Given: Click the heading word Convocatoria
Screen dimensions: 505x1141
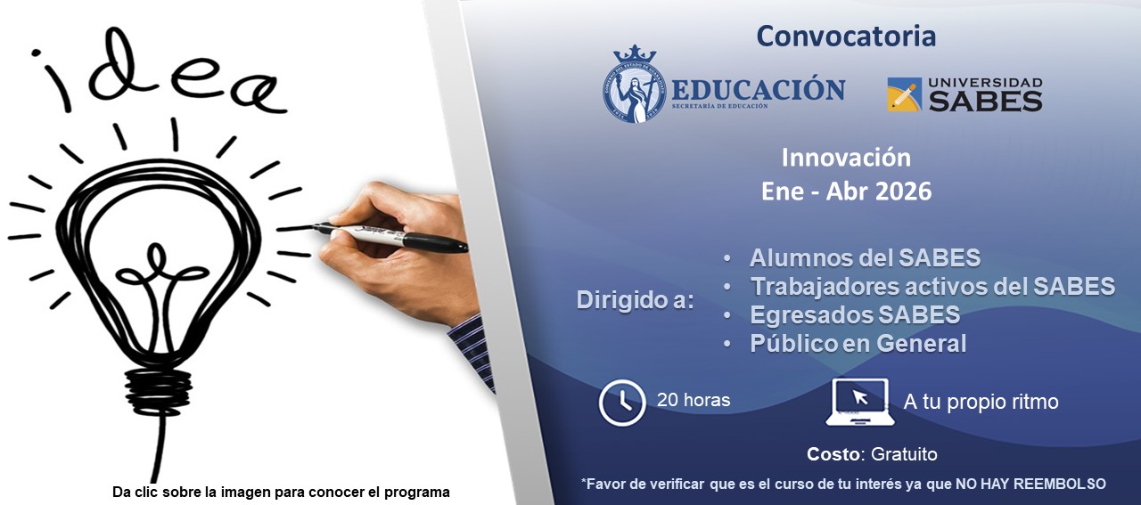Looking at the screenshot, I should click(846, 37).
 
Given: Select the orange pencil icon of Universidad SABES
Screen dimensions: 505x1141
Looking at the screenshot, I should click(904, 94).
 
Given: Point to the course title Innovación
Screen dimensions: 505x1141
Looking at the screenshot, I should click(846, 158).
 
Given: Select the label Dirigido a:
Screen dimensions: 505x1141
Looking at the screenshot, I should click(635, 300).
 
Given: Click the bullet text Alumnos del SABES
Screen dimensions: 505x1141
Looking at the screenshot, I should click(865, 258).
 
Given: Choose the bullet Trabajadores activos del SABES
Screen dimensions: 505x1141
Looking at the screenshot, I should click(932, 287).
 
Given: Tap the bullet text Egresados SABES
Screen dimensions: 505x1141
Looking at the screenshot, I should click(854, 315).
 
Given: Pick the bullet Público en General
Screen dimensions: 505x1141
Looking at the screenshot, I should click(858, 344).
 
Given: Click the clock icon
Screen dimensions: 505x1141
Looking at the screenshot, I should click(622, 403).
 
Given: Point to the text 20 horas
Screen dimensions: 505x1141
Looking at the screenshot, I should click(694, 401).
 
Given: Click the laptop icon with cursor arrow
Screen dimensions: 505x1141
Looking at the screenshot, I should click(859, 403).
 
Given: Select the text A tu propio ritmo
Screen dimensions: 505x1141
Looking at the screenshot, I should click(981, 402).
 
